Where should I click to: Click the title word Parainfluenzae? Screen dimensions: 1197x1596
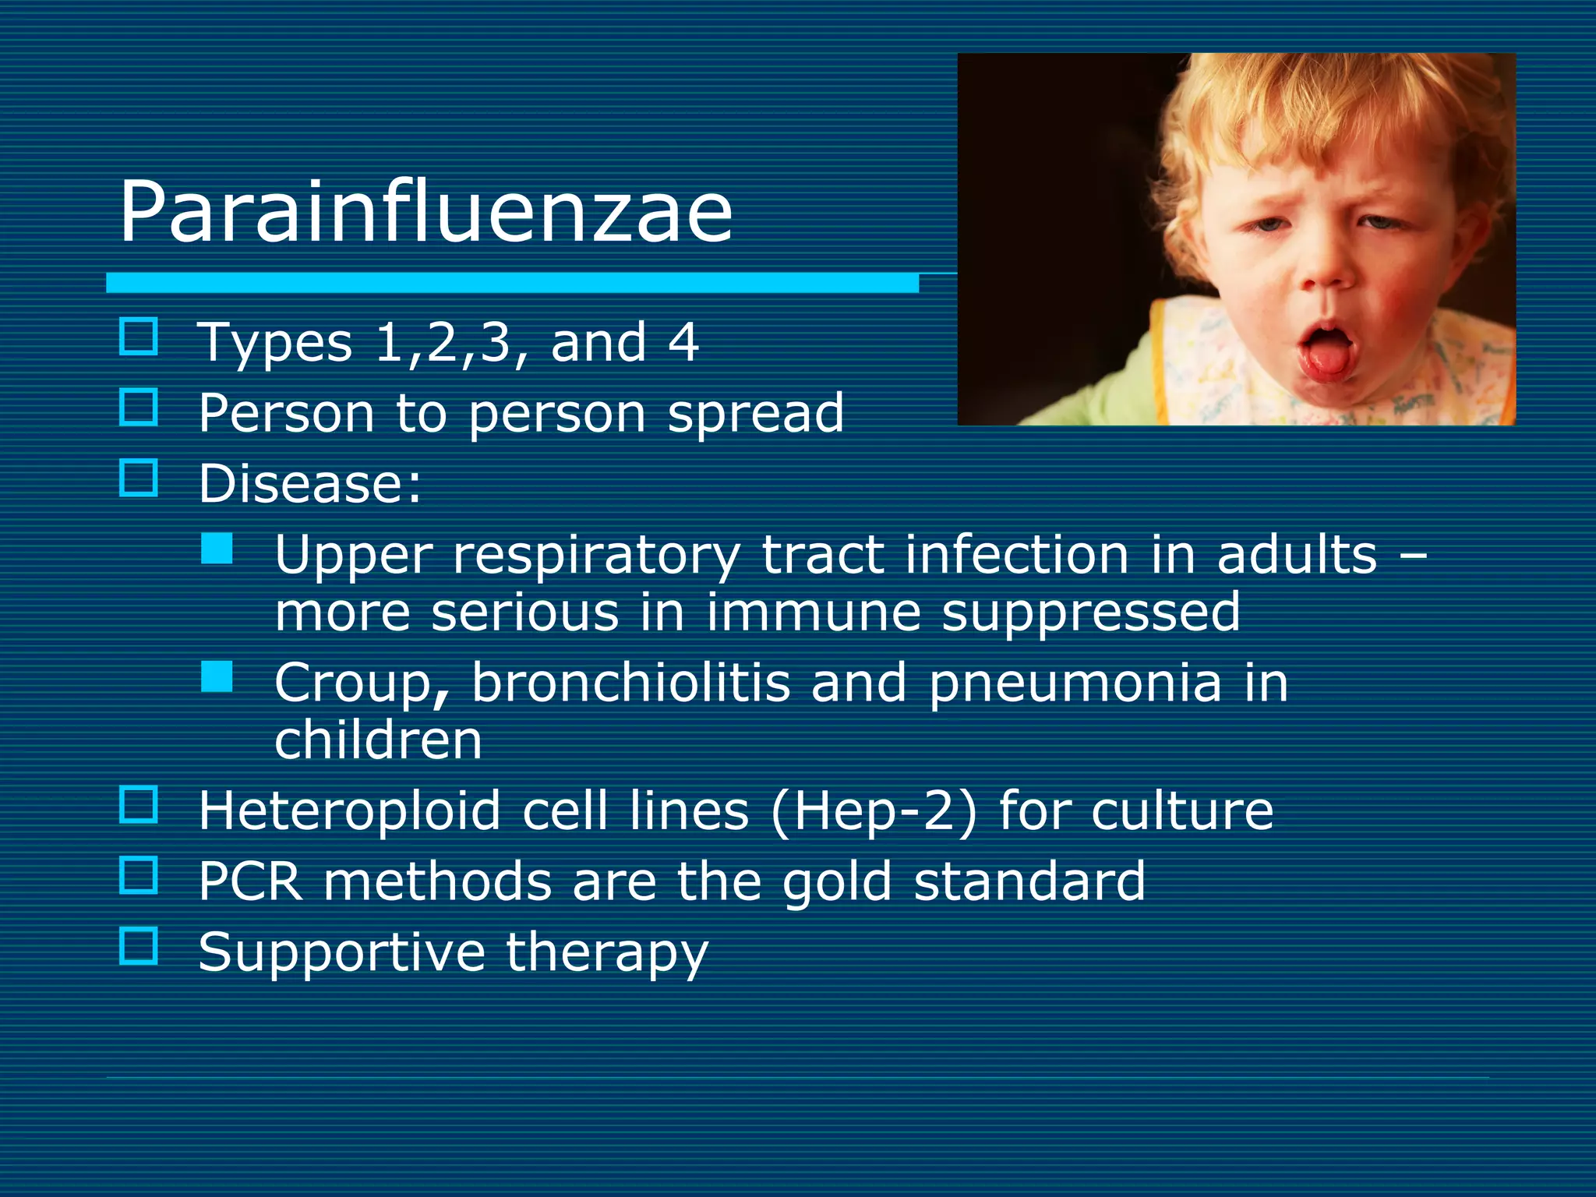[425, 212]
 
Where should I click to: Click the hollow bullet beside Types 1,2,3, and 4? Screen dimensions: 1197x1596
[139, 337]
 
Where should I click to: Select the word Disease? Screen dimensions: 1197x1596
[309, 484]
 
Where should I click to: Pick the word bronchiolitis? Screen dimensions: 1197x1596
[630, 683]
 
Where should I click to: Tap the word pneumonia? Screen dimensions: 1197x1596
[1075, 683]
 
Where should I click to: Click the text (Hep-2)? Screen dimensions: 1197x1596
[874, 811]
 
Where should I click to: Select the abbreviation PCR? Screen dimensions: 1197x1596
[250, 882]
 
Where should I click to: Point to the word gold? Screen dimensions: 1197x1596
[837, 882]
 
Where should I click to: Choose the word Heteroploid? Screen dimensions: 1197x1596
[349, 811]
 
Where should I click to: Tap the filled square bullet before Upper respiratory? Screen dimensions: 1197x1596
[217, 549]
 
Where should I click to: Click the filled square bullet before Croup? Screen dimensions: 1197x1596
[217, 676]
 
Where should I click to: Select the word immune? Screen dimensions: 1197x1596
[814, 613]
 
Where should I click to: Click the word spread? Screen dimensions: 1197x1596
[756, 413]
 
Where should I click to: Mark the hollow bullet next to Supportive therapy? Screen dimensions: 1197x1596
[139, 945]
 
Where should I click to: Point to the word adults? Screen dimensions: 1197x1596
[1297, 555]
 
